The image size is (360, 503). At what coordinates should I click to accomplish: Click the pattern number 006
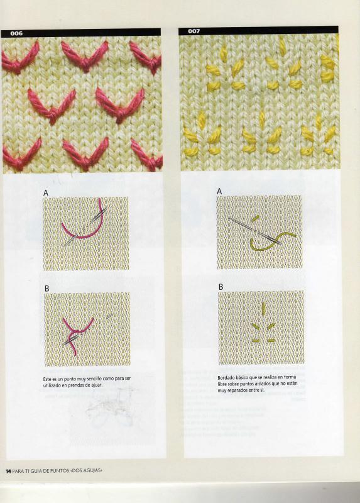[x=16, y=33]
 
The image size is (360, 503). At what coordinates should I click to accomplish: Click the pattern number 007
[x=194, y=31]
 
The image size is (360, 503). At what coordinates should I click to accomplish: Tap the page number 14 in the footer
[x=8, y=470]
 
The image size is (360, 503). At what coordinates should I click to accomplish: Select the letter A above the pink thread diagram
[x=46, y=193]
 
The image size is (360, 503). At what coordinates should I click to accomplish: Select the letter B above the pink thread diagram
[x=46, y=289]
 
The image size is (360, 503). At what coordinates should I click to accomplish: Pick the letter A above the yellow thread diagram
[x=219, y=191]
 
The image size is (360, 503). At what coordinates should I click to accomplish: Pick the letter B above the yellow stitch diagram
[x=221, y=287]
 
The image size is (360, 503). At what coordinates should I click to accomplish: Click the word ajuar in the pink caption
[x=97, y=385]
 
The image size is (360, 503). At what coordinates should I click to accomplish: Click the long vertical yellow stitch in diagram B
[x=263, y=307]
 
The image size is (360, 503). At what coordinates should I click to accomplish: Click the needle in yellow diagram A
[x=255, y=231]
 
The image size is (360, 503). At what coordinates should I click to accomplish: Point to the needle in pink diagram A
[x=85, y=227]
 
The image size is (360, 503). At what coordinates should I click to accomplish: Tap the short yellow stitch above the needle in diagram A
[x=255, y=219]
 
